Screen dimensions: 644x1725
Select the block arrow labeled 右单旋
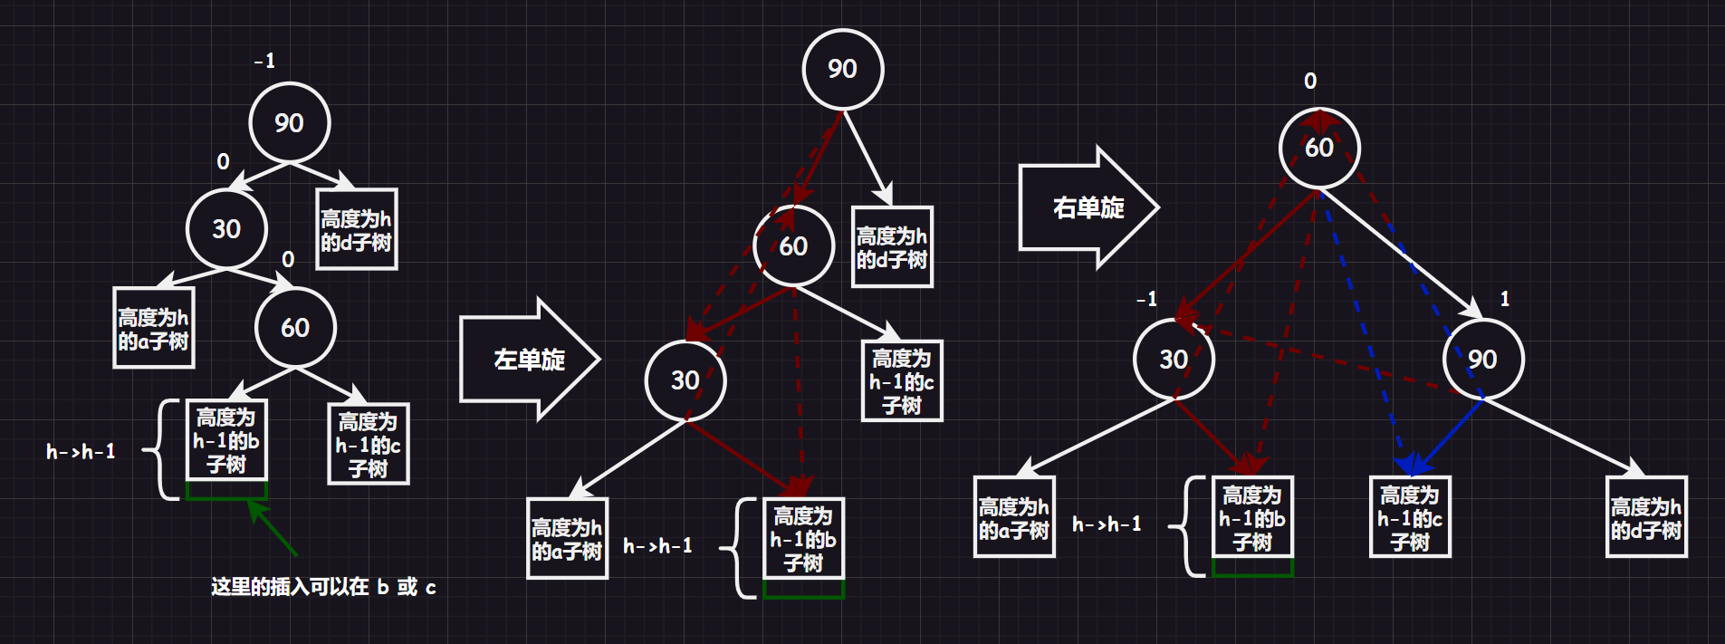1088,207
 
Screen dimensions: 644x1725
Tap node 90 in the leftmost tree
290,122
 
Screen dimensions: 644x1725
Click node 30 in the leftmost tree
226,228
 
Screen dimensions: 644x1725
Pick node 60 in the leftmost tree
295,327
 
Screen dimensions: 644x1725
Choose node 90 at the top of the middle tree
842,69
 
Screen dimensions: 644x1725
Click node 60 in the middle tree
793,245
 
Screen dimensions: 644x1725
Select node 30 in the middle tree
685,380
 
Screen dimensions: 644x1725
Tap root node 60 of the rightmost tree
1319,148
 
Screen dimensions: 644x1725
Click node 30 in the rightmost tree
1174,360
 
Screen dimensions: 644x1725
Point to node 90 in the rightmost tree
1482,360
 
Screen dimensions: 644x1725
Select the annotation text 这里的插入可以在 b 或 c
323,587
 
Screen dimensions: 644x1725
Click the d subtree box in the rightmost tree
1646,517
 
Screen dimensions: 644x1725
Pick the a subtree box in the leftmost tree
153,328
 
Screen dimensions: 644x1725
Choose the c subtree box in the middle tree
902,381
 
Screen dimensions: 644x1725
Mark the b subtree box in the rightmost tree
1252,517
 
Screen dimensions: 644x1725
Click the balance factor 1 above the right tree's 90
1505,299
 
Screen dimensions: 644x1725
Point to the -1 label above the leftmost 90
264,61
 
